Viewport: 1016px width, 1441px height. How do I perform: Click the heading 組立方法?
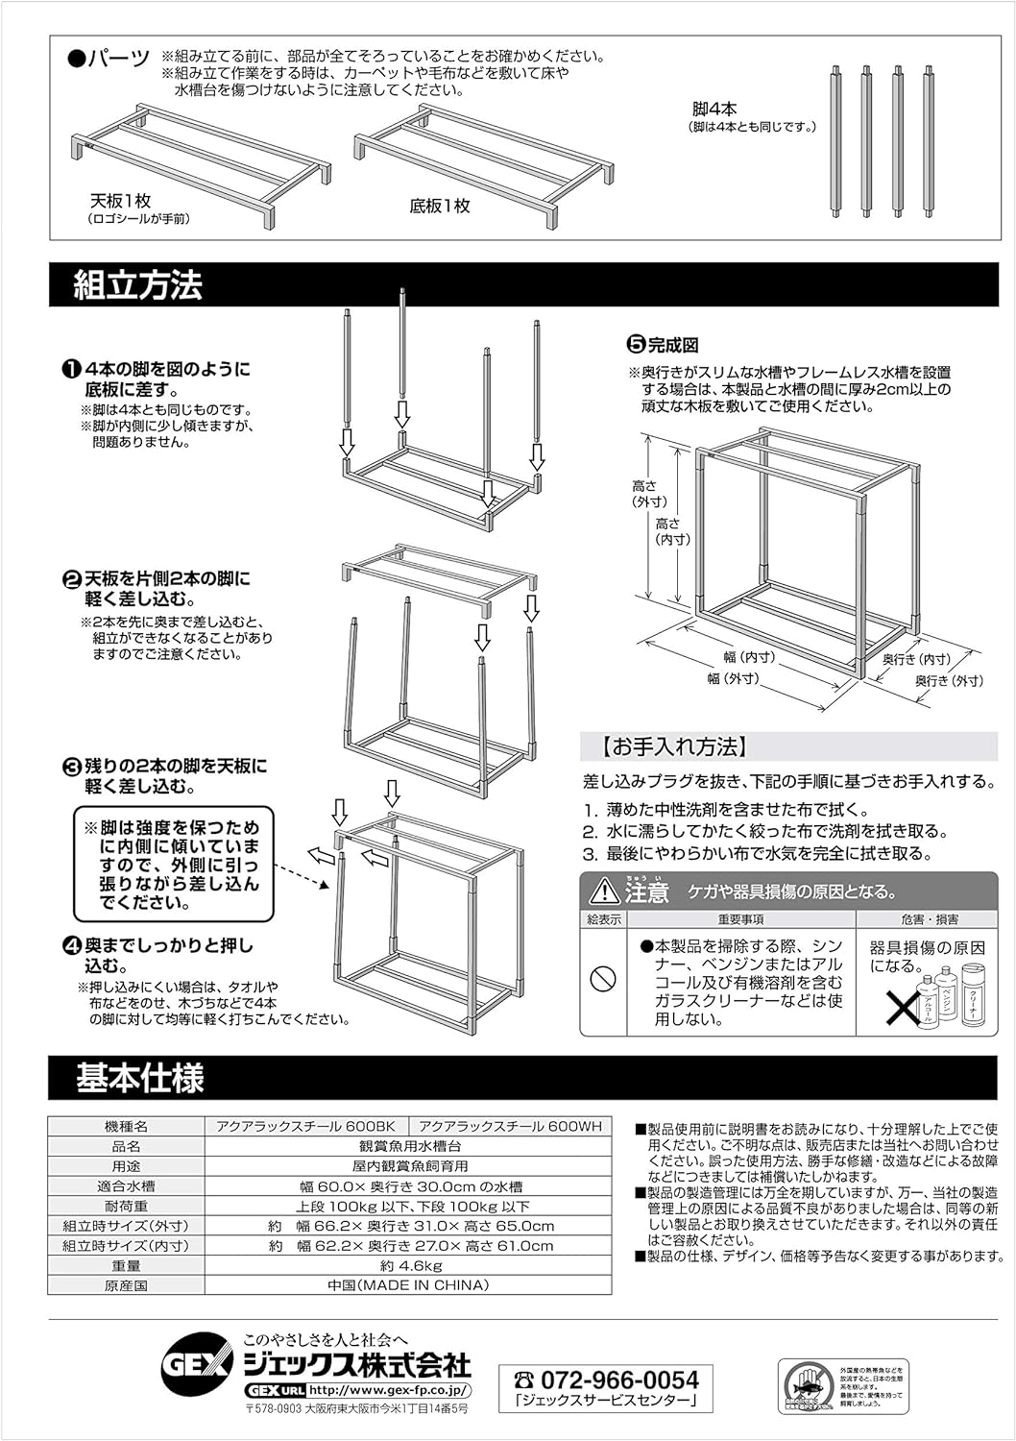[x=137, y=285]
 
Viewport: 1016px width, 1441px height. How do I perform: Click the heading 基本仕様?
[x=140, y=1078]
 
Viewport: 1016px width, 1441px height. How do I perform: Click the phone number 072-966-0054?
[x=619, y=1380]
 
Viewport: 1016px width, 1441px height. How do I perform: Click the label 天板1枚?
[x=121, y=201]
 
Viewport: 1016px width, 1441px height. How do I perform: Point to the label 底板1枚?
[x=440, y=206]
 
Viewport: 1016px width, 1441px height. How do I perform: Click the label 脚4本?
[x=715, y=109]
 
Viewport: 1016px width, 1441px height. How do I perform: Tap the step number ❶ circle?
[x=71, y=370]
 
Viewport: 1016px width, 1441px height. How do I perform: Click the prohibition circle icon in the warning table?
[x=602, y=979]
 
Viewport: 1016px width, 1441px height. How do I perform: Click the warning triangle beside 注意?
[x=605, y=891]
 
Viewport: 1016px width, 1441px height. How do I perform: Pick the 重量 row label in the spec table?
[x=126, y=1265]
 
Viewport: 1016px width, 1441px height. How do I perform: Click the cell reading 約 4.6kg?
[x=410, y=1265]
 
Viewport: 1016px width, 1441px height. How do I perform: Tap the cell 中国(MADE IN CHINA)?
[x=408, y=1285]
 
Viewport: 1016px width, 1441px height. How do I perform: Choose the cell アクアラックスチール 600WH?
[x=510, y=1126]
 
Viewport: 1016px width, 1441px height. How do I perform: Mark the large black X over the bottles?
[x=902, y=1006]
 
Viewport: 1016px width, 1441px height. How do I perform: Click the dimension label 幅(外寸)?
[x=733, y=678]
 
